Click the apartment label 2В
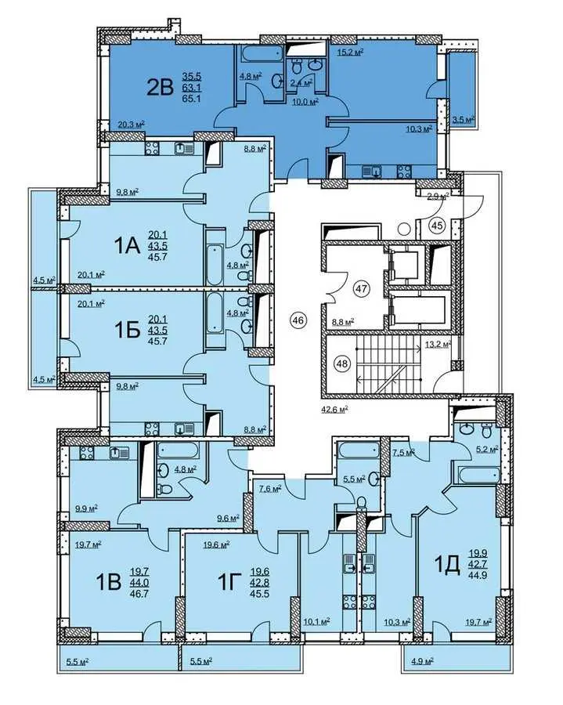click(160, 87)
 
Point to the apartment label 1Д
click(448, 565)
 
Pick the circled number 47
click(362, 287)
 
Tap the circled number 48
click(342, 363)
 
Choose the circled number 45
click(437, 226)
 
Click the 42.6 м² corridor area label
click(335, 409)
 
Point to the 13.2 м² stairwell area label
click(438, 345)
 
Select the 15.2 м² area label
click(350, 52)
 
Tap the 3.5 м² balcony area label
click(464, 120)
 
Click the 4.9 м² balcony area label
click(422, 661)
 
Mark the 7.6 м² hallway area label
click(270, 488)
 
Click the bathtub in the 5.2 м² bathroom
click(479, 475)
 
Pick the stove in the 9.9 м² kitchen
click(86, 453)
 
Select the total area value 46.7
click(139, 594)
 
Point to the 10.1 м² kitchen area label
click(317, 621)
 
